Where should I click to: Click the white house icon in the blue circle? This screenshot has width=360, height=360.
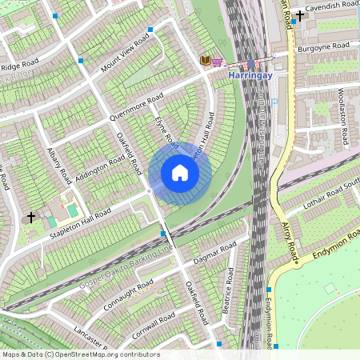(180, 173)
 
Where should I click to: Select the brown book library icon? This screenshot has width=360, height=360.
(205, 60)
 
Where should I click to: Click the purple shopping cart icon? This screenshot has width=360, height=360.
(218, 61)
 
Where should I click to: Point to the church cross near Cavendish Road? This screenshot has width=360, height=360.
(300, 15)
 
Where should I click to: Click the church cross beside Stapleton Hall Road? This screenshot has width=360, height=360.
(31, 217)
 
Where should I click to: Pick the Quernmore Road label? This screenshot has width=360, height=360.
(137, 109)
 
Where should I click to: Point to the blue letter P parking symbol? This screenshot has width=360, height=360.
(274, 102)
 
